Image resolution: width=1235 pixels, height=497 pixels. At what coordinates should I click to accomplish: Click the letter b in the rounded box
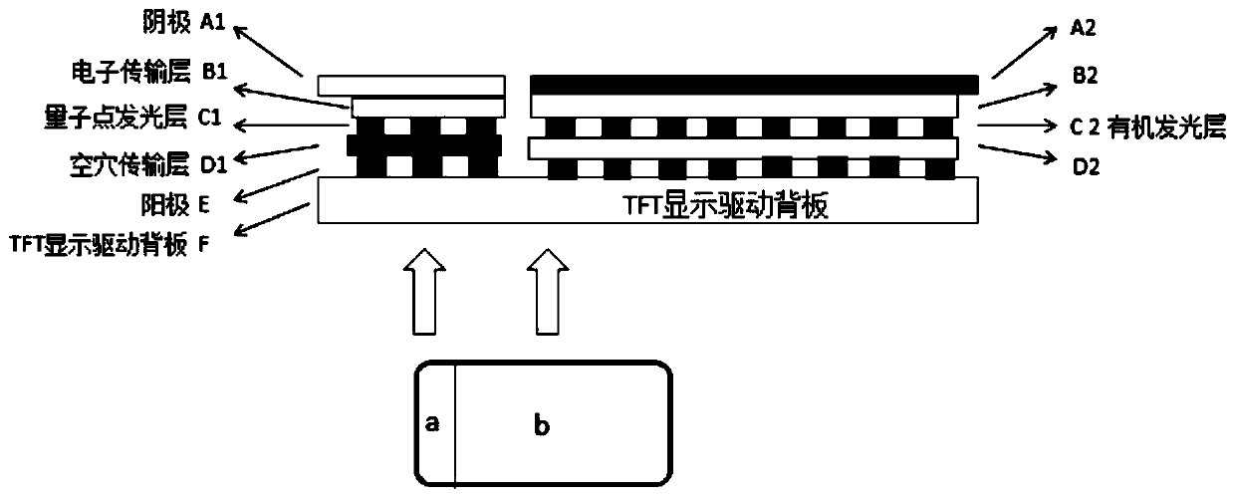point(541,426)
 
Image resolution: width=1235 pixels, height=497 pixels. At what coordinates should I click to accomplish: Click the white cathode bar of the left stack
point(411,85)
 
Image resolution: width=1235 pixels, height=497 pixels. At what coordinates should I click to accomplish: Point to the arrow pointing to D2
point(1015,154)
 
